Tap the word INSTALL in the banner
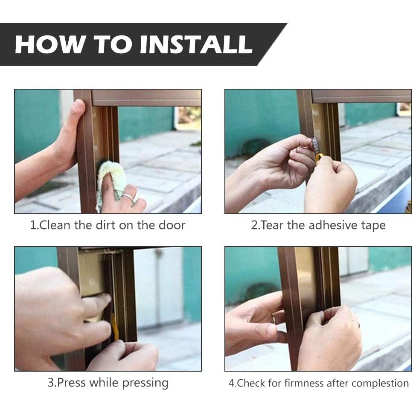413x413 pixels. click(196, 44)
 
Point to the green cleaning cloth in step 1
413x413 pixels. click(111, 182)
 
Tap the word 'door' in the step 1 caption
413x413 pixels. click(172, 225)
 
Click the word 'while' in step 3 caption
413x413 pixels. click(104, 382)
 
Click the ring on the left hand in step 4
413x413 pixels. click(274, 318)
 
